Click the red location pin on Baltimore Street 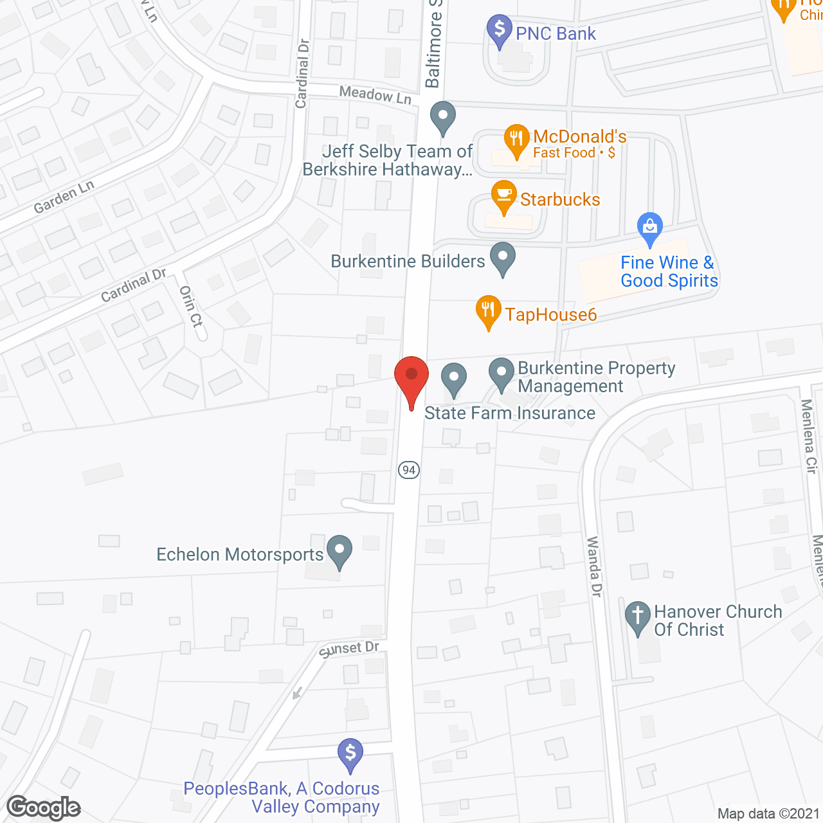(x=411, y=377)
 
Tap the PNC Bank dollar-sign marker (x=500, y=30)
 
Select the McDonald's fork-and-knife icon (x=516, y=140)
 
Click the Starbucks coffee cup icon (x=504, y=195)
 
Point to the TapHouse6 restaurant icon (x=489, y=311)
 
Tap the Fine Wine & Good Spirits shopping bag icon (x=650, y=227)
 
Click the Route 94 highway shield (x=409, y=470)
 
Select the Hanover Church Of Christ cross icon (x=638, y=617)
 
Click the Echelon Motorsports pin (x=339, y=550)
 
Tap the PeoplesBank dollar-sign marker (x=350, y=754)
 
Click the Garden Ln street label (x=64, y=197)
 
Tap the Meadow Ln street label (x=375, y=95)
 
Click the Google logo (x=44, y=808)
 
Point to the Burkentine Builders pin (x=503, y=257)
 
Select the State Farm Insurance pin (x=454, y=378)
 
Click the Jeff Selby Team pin (x=442, y=116)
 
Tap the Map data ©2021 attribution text (x=768, y=813)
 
